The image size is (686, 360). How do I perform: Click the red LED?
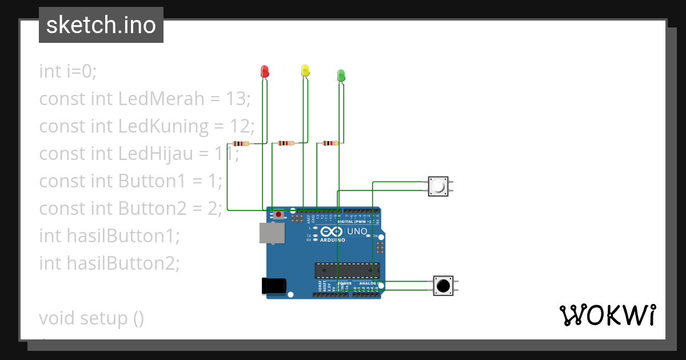click(264, 71)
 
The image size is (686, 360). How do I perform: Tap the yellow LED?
click(305, 70)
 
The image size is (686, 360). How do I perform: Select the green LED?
click(341, 75)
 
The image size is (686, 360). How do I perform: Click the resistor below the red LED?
click(241, 144)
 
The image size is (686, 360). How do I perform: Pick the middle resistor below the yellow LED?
click(286, 143)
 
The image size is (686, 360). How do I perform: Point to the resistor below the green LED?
click(330, 143)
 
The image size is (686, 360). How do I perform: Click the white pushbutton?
click(438, 186)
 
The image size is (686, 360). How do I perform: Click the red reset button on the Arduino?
click(278, 215)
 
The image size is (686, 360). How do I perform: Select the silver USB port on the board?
click(272, 233)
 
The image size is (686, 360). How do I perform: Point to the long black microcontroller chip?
click(347, 270)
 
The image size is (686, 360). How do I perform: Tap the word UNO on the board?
click(357, 231)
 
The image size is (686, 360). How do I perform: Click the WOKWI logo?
click(607, 315)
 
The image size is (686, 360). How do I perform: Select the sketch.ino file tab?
click(101, 25)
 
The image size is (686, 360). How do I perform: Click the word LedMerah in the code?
click(161, 99)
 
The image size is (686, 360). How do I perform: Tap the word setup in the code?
click(103, 318)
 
